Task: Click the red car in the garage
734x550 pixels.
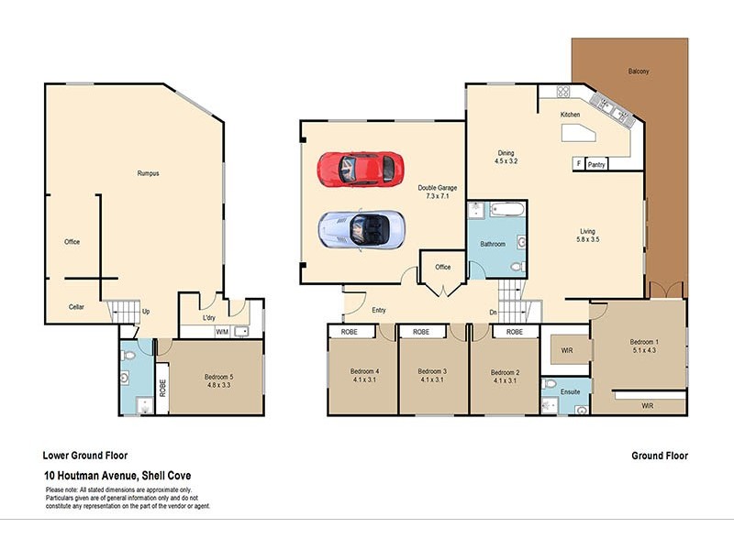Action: click(361, 168)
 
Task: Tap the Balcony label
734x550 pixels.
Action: click(639, 71)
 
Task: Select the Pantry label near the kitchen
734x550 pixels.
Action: click(596, 165)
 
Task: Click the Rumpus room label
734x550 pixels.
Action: click(148, 173)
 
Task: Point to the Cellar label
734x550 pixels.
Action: click(76, 307)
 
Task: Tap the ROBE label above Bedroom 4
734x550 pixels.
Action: click(350, 332)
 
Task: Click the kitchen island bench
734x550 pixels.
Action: click(576, 135)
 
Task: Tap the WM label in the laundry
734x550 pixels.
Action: click(221, 332)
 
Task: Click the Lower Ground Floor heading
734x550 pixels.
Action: click(85, 456)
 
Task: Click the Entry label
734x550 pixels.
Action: click(379, 310)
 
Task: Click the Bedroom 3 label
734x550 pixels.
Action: click(432, 372)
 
